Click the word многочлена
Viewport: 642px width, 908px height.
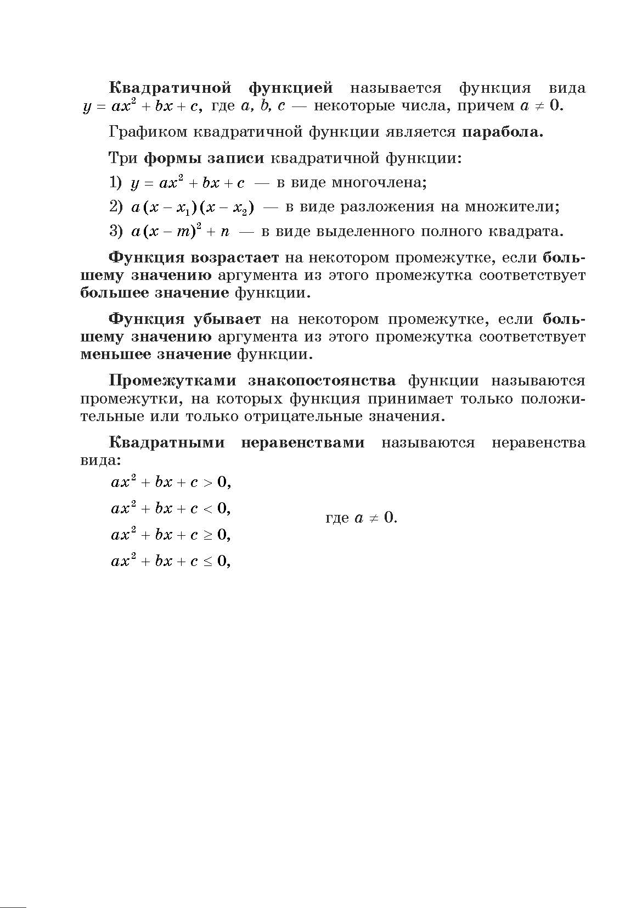(379, 182)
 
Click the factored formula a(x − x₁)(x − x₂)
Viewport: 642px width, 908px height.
(193, 208)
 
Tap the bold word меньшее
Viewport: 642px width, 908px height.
(115, 354)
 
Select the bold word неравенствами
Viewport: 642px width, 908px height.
(302, 442)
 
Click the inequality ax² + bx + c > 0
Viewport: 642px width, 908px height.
(171, 482)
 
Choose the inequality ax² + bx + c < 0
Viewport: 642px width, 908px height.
(171, 508)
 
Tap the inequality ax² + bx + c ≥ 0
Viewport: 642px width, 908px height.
(171, 535)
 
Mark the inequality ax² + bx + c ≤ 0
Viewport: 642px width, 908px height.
(171, 561)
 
